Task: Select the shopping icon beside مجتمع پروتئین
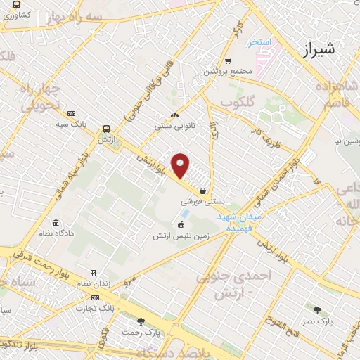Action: [x=228, y=61]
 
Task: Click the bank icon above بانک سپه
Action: [x=72, y=113]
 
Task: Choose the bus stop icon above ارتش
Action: [x=106, y=129]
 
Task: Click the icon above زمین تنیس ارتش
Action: [x=181, y=225]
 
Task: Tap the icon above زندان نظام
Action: [x=92, y=273]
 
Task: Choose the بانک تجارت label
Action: [x=97, y=308]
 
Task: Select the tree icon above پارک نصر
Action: [x=318, y=309]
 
